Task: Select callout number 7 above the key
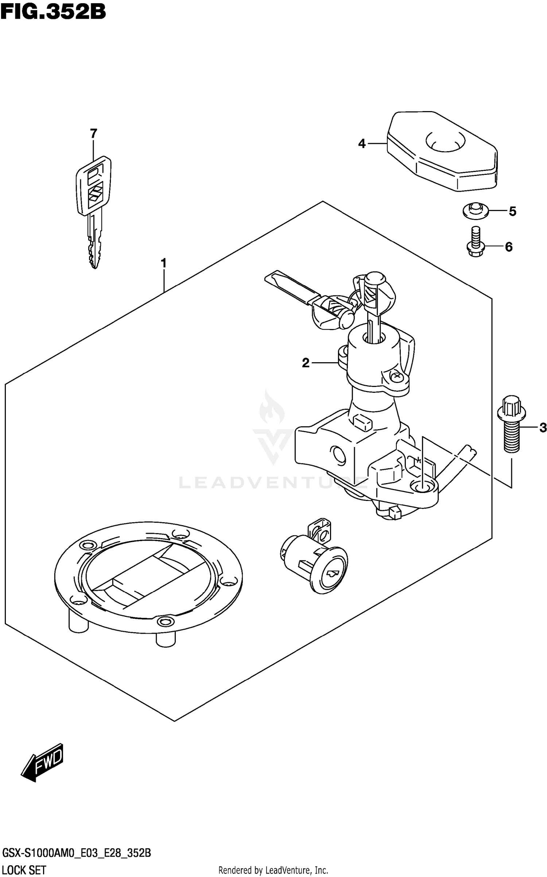[94, 134]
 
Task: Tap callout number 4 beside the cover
[362, 144]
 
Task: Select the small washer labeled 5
[475, 211]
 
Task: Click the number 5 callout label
[512, 211]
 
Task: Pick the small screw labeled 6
[475, 242]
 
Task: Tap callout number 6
[509, 247]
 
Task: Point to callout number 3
[543, 428]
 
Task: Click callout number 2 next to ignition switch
[306, 363]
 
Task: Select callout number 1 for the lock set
[164, 263]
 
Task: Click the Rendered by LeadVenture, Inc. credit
[273, 870]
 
